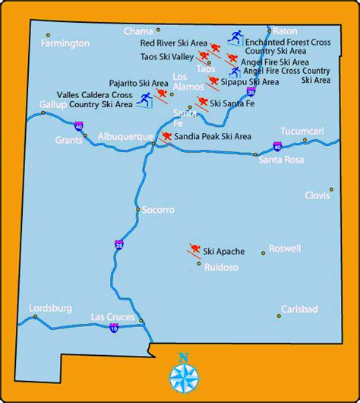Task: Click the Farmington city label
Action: tap(66, 43)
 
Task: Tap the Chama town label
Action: tap(138, 31)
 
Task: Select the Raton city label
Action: tap(284, 31)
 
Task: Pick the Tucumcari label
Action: tap(302, 131)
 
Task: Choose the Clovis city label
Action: tap(317, 195)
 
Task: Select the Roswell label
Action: tap(286, 248)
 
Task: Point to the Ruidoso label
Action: tap(221, 268)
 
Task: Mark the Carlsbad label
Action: tap(299, 309)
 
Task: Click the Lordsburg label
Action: tap(50, 308)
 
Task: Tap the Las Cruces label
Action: tap(112, 316)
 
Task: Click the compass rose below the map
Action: tap(182, 374)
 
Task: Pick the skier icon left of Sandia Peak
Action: tap(166, 137)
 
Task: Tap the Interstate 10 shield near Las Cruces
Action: tap(113, 328)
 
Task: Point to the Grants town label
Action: tap(68, 141)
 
